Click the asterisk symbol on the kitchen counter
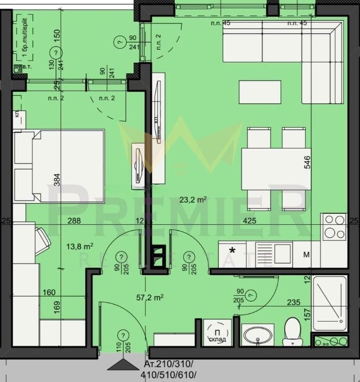click(232, 250)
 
